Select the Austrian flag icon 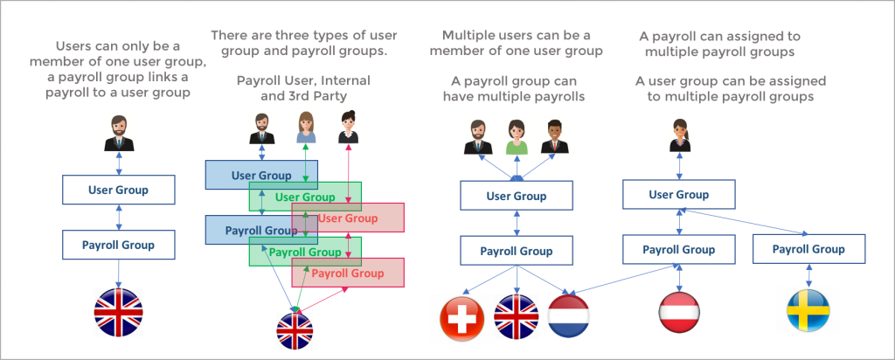pyautogui.click(x=680, y=312)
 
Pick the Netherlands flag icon pyautogui.click(x=568, y=315)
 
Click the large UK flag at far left pyautogui.click(x=118, y=312)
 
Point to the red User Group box pyautogui.click(x=348, y=218)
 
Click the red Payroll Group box pyautogui.click(x=348, y=273)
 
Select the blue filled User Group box pyautogui.click(x=261, y=175)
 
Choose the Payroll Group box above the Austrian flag pyautogui.click(x=679, y=250)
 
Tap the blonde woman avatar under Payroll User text pyautogui.click(x=305, y=128)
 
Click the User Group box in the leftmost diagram pyautogui.click(x=119, y=190)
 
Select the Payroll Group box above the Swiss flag pyautogui.click(x=517, y=251)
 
